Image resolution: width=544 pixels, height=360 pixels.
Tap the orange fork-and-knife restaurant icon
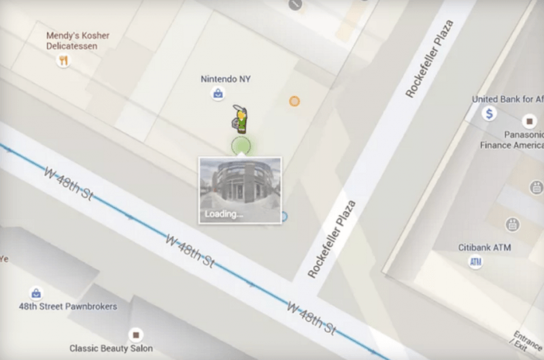click(x=64, y=61)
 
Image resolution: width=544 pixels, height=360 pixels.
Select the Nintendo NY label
click(x=226, y=79)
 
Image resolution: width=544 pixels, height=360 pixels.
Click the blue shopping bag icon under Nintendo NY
click(x=217, y=94)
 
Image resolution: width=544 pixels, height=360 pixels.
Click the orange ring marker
click(x=294, y=101)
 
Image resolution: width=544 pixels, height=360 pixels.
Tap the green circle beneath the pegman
click(x=241, y=145)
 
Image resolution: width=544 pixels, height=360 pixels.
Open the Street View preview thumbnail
click(x=240, y=189)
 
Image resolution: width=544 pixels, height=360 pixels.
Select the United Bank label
click(x=507, y=99)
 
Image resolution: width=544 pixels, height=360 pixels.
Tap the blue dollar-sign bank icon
click(x=488, y=114)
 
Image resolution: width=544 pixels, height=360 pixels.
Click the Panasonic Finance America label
click(x=511, y=140)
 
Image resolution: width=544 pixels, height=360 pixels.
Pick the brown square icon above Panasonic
click(x=530, y=120)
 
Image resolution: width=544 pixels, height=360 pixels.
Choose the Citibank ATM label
click(x=485, y=247)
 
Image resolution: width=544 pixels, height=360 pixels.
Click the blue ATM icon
click(x=476, y=262)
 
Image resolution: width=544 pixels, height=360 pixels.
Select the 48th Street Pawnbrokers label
click(x=67, y=307)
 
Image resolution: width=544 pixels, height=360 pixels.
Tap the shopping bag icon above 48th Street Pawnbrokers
click(x=36, y=293)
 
